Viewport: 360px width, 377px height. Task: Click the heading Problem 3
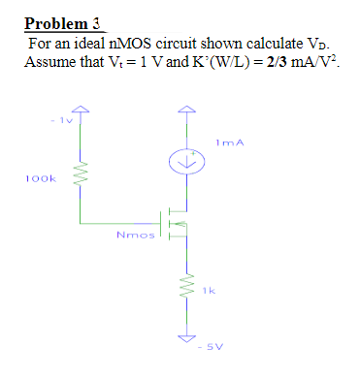point(64,23)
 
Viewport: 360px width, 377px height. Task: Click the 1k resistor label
point(207,288)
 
